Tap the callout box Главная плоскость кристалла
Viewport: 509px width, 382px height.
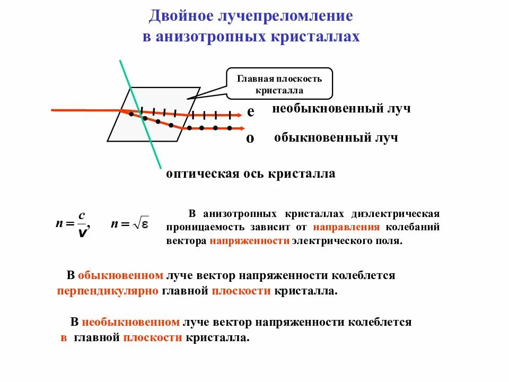[x=279, y=84]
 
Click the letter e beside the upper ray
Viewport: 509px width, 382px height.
[x=250, y=112]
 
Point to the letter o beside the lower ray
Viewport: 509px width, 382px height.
[x=250, y=138]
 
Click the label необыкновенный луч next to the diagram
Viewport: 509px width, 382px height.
[x=342, y=109]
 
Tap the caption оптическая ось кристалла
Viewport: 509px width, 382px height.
[x=251, y=173]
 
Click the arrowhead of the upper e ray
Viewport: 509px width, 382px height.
[x=239, y=115]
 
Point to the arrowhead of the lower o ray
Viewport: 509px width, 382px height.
[x=241, y=128]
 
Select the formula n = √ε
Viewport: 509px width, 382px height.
[x=129, y=224]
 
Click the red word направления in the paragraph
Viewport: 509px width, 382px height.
[x=346, y=227]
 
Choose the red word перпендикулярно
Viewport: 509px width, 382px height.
[x=108, y=291]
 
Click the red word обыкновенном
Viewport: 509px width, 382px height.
[x=120, y=276]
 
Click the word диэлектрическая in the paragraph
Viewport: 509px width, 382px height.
[x=396, y=214]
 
